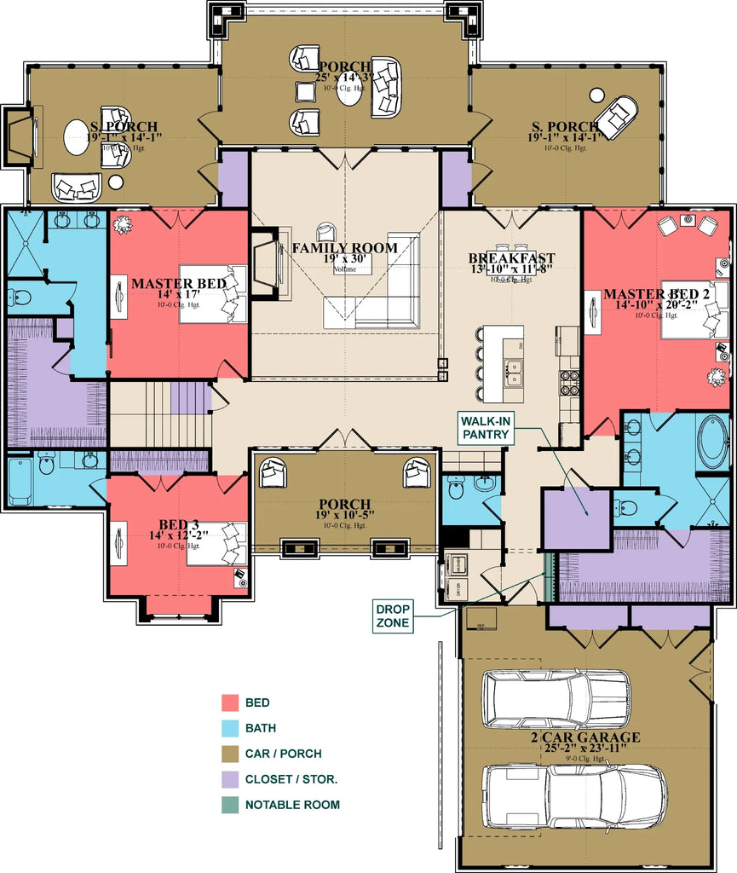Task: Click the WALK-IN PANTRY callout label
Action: coord(487,427)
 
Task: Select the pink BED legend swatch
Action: coord(229,703)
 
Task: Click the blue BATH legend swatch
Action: coord(229,729)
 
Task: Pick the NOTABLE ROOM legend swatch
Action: coord(229,804)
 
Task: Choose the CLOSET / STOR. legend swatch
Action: coord(229,779)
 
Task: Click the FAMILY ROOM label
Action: coord(345,248)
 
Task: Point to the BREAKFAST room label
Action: coord(511,258)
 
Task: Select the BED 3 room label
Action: coord(179,523)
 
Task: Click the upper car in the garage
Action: coord(556,699)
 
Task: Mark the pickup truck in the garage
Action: coord(575,795)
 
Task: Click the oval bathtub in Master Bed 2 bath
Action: coord(712,442)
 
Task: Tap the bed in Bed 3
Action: coord(216,543)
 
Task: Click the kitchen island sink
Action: coord(514,372)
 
